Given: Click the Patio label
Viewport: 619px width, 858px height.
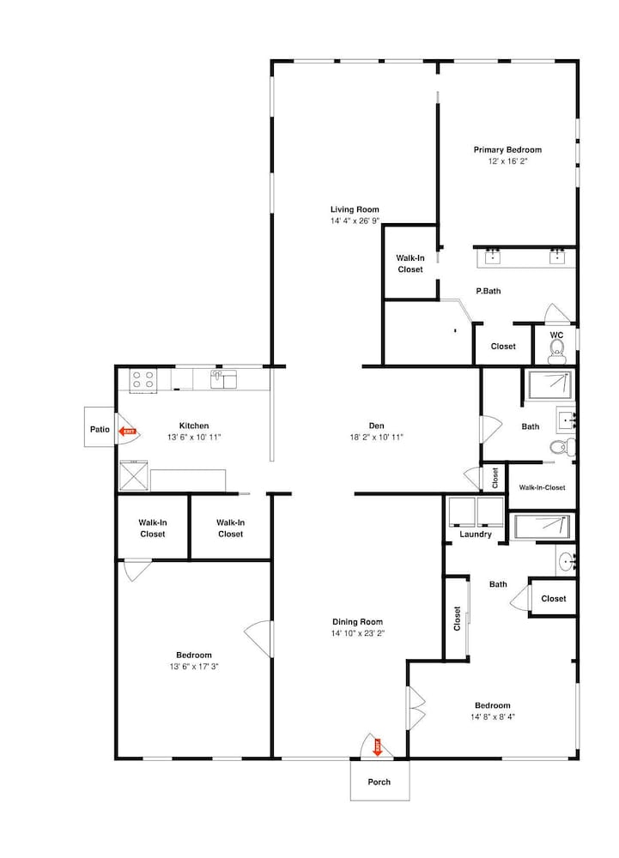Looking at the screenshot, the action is tap(100, 430).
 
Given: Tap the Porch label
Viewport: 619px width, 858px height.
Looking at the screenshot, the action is tap(379, 782).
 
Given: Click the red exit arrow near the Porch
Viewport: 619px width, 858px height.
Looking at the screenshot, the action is tap(378, 747).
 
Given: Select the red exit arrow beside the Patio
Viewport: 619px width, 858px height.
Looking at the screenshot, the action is tap(128, 432).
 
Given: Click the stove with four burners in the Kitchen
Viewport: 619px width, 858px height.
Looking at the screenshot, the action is tap(143, 380).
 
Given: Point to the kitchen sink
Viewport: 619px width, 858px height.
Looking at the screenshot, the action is tap(223, 378).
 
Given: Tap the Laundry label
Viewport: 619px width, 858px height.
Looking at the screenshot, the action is tap(476, 534).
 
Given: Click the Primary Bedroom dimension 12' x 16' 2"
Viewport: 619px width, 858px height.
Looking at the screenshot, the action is tap(508, 161).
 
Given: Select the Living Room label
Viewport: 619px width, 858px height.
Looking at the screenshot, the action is tap(355, 209).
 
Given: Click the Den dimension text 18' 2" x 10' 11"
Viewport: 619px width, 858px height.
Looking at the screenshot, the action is tap(377, 438).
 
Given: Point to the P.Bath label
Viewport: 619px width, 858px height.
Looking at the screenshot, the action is tap(489, 291).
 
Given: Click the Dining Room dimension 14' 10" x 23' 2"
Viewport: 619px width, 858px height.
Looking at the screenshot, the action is tap(357, 634).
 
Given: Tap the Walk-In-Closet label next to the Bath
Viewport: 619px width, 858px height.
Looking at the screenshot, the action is tap(543, 487).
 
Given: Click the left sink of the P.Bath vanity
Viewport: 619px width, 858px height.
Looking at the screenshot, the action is tap(493, 256).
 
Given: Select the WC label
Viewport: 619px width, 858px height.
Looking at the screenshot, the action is tap(556, 335).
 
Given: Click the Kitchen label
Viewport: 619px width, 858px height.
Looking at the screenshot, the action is tap(194, 426).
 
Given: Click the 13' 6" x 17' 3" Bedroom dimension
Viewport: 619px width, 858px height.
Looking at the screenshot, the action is tap(194, 667).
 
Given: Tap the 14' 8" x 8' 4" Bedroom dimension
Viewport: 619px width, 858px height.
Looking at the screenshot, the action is tap(493, 716).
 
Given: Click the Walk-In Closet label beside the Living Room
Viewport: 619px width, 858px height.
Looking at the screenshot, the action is tap(410, 263).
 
